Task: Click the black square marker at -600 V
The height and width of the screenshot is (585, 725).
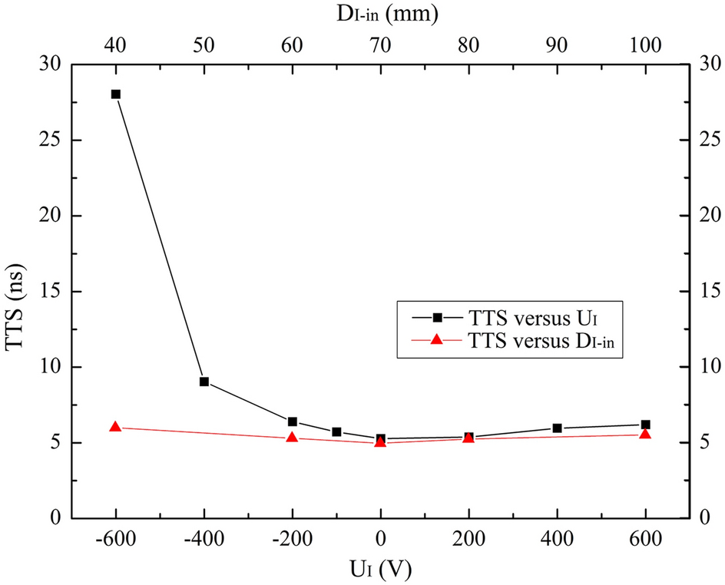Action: click(x=116, y=94)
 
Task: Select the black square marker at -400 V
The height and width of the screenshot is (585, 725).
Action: click(x=204, y=382)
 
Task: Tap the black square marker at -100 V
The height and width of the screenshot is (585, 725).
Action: click(x=336, y=432)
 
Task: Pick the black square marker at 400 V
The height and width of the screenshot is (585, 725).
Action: click(x=557, y=428)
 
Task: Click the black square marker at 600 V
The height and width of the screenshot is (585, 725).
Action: click(x=645, y=425)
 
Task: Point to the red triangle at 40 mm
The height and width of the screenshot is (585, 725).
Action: click(x=116, y=428)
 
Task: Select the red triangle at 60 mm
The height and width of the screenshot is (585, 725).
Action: click(x=292, y=438)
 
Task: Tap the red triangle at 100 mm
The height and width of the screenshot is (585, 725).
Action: click(x=645, y=435)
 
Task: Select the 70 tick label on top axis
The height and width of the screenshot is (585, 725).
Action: click(x=380, y=45)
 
